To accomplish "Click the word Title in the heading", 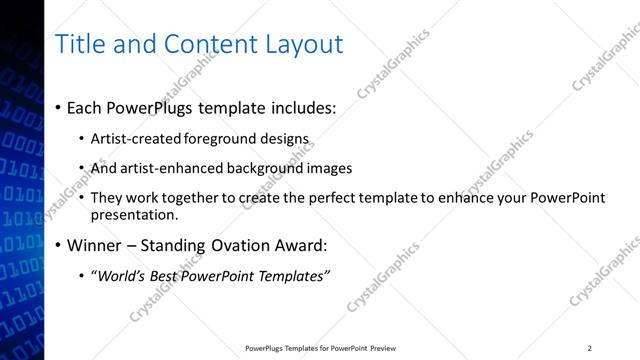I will [x=78, y=44].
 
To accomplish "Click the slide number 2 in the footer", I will [x=590, y=348].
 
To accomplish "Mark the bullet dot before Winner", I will [x=58, y=246].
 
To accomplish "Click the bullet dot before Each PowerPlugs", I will [x=58, y=107].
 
